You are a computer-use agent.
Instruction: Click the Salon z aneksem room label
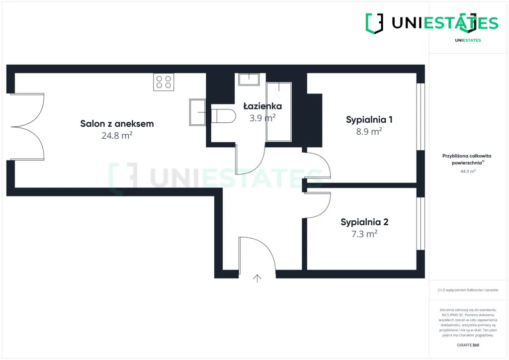(117, 124)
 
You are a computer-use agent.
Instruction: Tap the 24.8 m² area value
(117, 135)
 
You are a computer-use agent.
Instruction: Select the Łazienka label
(262, 106)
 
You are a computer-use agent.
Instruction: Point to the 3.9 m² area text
(262, 118)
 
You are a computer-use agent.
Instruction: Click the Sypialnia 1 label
(369, 119)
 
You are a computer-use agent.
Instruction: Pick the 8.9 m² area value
(369, 132)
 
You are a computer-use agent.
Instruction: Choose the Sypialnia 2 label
(364, 222)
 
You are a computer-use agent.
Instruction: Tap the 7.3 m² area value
(364, 234)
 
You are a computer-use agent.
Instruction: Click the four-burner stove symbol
(164, 82)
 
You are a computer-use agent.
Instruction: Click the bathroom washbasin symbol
(249, 79)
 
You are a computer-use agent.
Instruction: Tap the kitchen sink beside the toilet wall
(197, 112)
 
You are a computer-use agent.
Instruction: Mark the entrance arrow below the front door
(257, 278)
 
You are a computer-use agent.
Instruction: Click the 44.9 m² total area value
(468, 171)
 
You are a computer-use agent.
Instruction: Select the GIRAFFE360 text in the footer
(468, 345)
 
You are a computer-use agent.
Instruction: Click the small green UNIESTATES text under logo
(468, 40)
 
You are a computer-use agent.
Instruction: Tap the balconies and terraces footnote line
(468, 290)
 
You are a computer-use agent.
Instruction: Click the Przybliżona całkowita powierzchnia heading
(467, 159)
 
